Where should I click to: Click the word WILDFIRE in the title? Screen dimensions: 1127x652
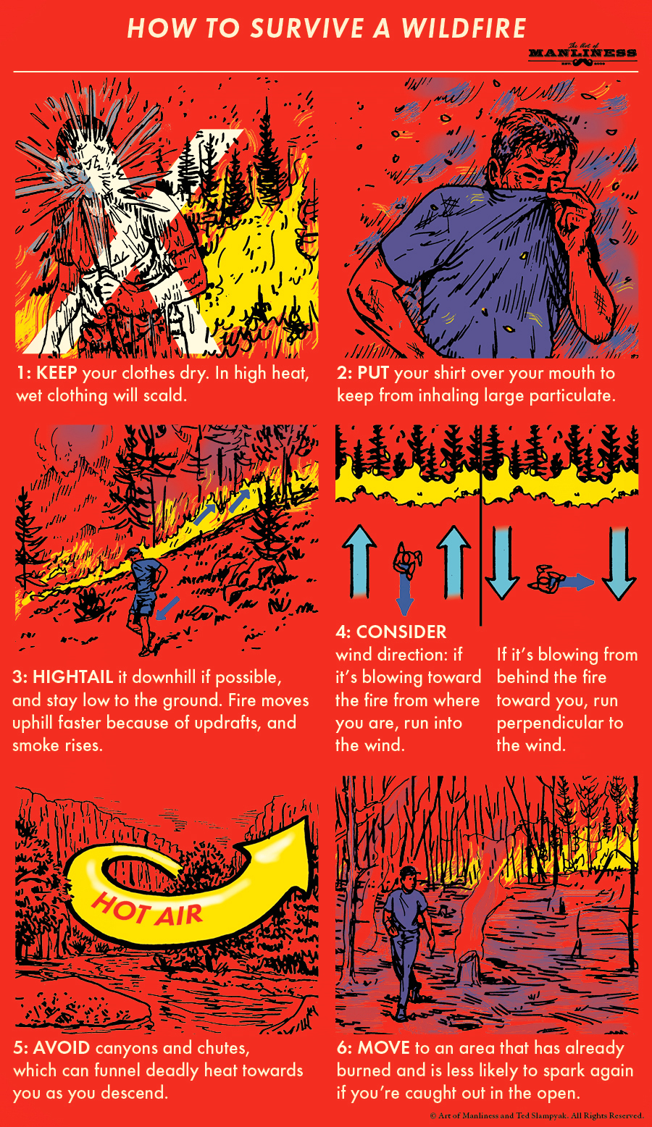464,28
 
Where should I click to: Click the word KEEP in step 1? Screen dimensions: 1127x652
57,374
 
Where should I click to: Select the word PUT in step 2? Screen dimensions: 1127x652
373,374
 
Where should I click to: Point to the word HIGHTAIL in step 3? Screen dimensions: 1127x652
72,678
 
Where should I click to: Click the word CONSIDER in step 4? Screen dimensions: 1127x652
401,632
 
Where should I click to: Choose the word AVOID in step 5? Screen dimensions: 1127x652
62,1048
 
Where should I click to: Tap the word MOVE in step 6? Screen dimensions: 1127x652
384,1048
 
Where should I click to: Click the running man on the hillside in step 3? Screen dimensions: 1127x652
145,598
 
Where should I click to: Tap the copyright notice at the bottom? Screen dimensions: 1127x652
536,1116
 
